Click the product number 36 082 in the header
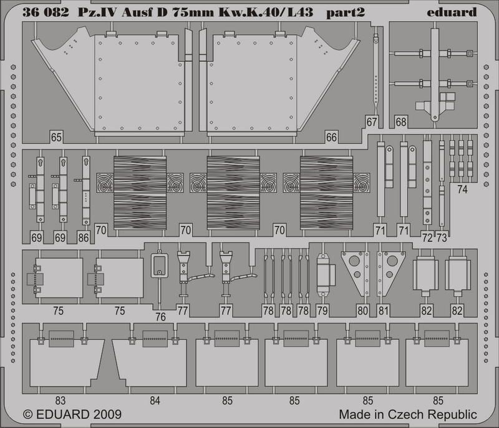[46, 12]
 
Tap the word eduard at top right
[452, 12]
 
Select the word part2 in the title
[346, 12]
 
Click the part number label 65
[56, 137]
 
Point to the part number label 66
[331, 137]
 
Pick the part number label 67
[371, 122]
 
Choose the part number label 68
[400, 122]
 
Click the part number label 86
[84, 237]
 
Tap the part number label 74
[462, 189]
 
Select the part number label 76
[160, 317]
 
